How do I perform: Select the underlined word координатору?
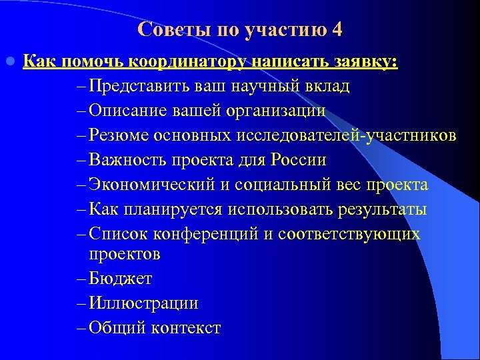click(196, 62)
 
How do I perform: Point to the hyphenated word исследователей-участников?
click(345, 136)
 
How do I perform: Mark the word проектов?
click(125, 254)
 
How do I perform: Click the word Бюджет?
click(121, 279)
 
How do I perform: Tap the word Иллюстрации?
click(143, 303)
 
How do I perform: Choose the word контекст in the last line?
click(186, 328)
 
